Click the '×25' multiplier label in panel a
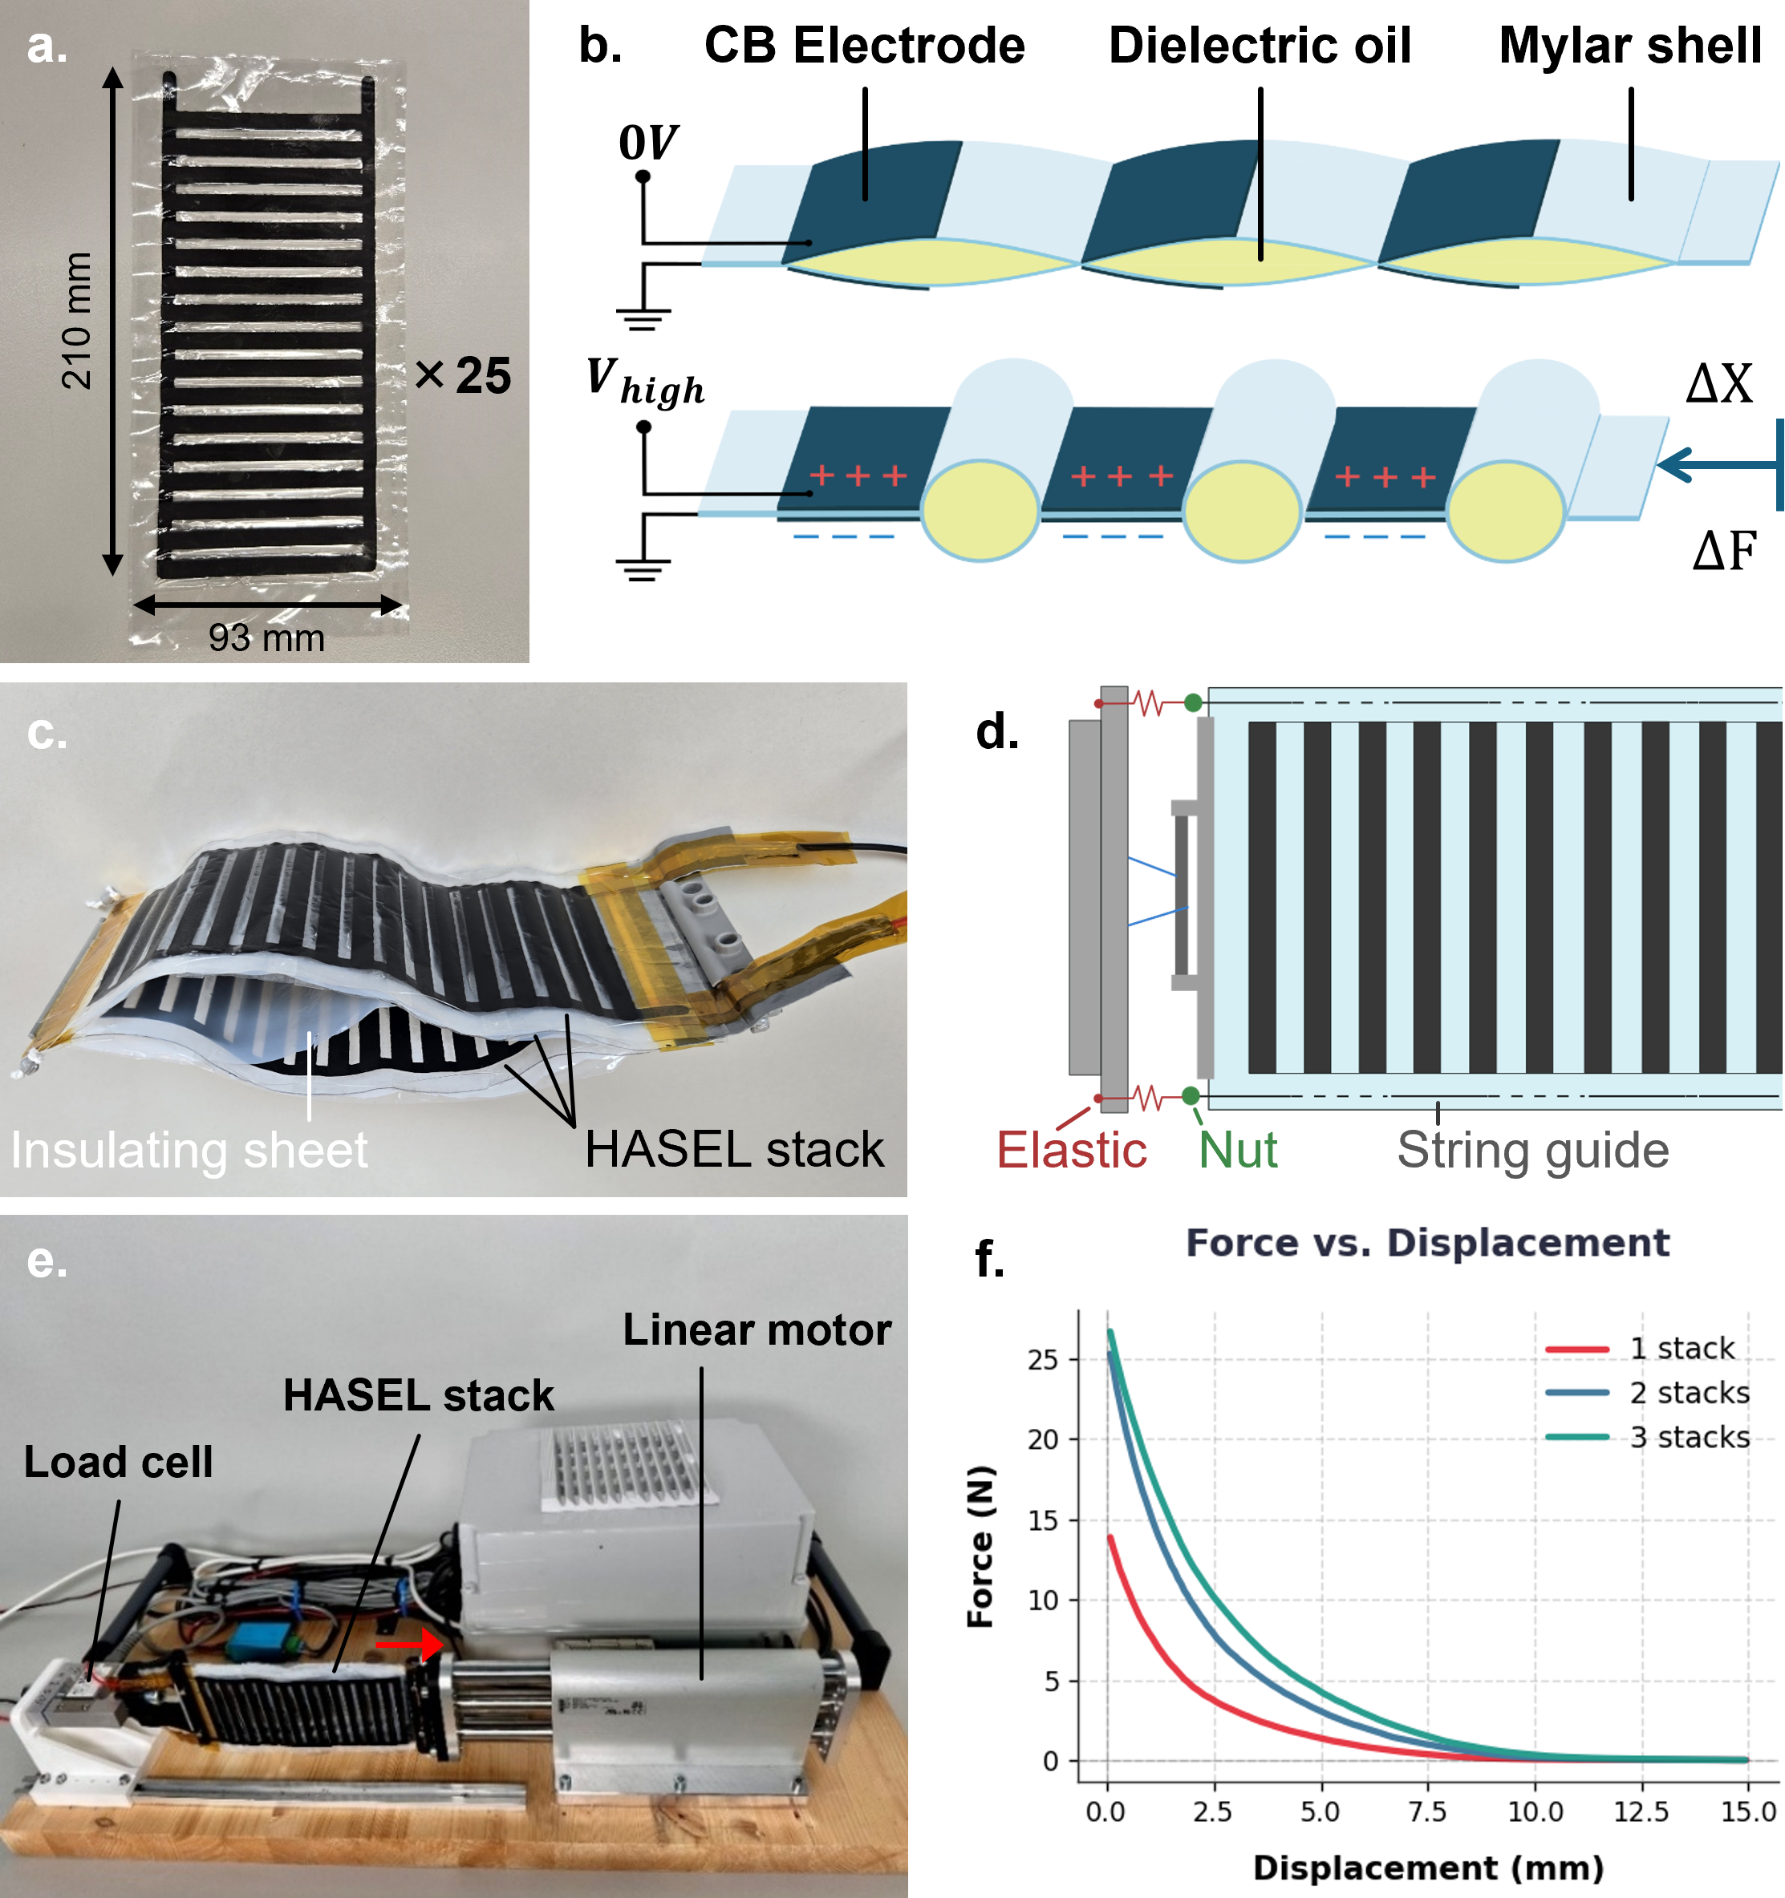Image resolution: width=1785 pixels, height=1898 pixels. click(x=463, y=375)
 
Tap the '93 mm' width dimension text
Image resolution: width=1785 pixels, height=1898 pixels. click(x=266, y=637)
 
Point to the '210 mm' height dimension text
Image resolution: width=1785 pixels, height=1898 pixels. click(x=76, y=321)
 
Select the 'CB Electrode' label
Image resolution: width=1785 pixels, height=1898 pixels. click(x=864, y=46)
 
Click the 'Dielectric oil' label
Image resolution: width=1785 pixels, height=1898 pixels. click(x=1260, y=46)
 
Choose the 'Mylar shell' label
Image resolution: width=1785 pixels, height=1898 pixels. click(x=1630, y=46)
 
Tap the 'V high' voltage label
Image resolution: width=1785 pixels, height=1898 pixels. click(x=646, y=382)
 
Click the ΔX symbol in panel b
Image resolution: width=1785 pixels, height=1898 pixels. click(x=1719, y=384)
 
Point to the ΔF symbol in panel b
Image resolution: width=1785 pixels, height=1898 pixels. click(x=1724, y=551)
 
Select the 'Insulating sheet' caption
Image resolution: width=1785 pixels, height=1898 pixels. click(x=189, y=1150)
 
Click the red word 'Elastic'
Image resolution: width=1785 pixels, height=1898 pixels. click(x=1072, y=1150)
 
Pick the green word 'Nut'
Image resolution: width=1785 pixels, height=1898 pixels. click(x=1238, y=1150)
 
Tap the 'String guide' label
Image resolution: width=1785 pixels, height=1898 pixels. click(x=1533, y=1151)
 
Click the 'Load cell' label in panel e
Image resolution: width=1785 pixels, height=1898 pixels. click(x=119, y=1462)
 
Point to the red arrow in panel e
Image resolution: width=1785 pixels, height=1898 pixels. click(x=409, y=1644)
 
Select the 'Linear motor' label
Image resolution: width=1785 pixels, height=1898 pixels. click(x=757, y=1330)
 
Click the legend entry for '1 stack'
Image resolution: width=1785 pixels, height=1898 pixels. click(x=1639, y=1348)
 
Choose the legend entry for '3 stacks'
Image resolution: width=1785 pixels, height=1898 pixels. click(x=1648, y=1437)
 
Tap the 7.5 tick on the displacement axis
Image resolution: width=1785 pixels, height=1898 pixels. click(x=1428, y=1811)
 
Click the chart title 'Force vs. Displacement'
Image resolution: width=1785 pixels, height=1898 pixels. click(x=1428, y=1243)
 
